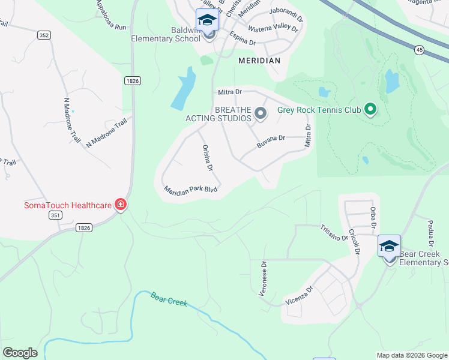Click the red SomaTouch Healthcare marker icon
[121, 205]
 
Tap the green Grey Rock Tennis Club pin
[370, 110]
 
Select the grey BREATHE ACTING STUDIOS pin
[261, 113]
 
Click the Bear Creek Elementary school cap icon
[389, 245]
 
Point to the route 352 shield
[43, 35]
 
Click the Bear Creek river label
[169, 298]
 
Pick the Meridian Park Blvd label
[190, 189]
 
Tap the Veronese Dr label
[263, 277]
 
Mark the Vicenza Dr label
[300, 295]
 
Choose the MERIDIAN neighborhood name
[259, 61]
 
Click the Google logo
[20, 353]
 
